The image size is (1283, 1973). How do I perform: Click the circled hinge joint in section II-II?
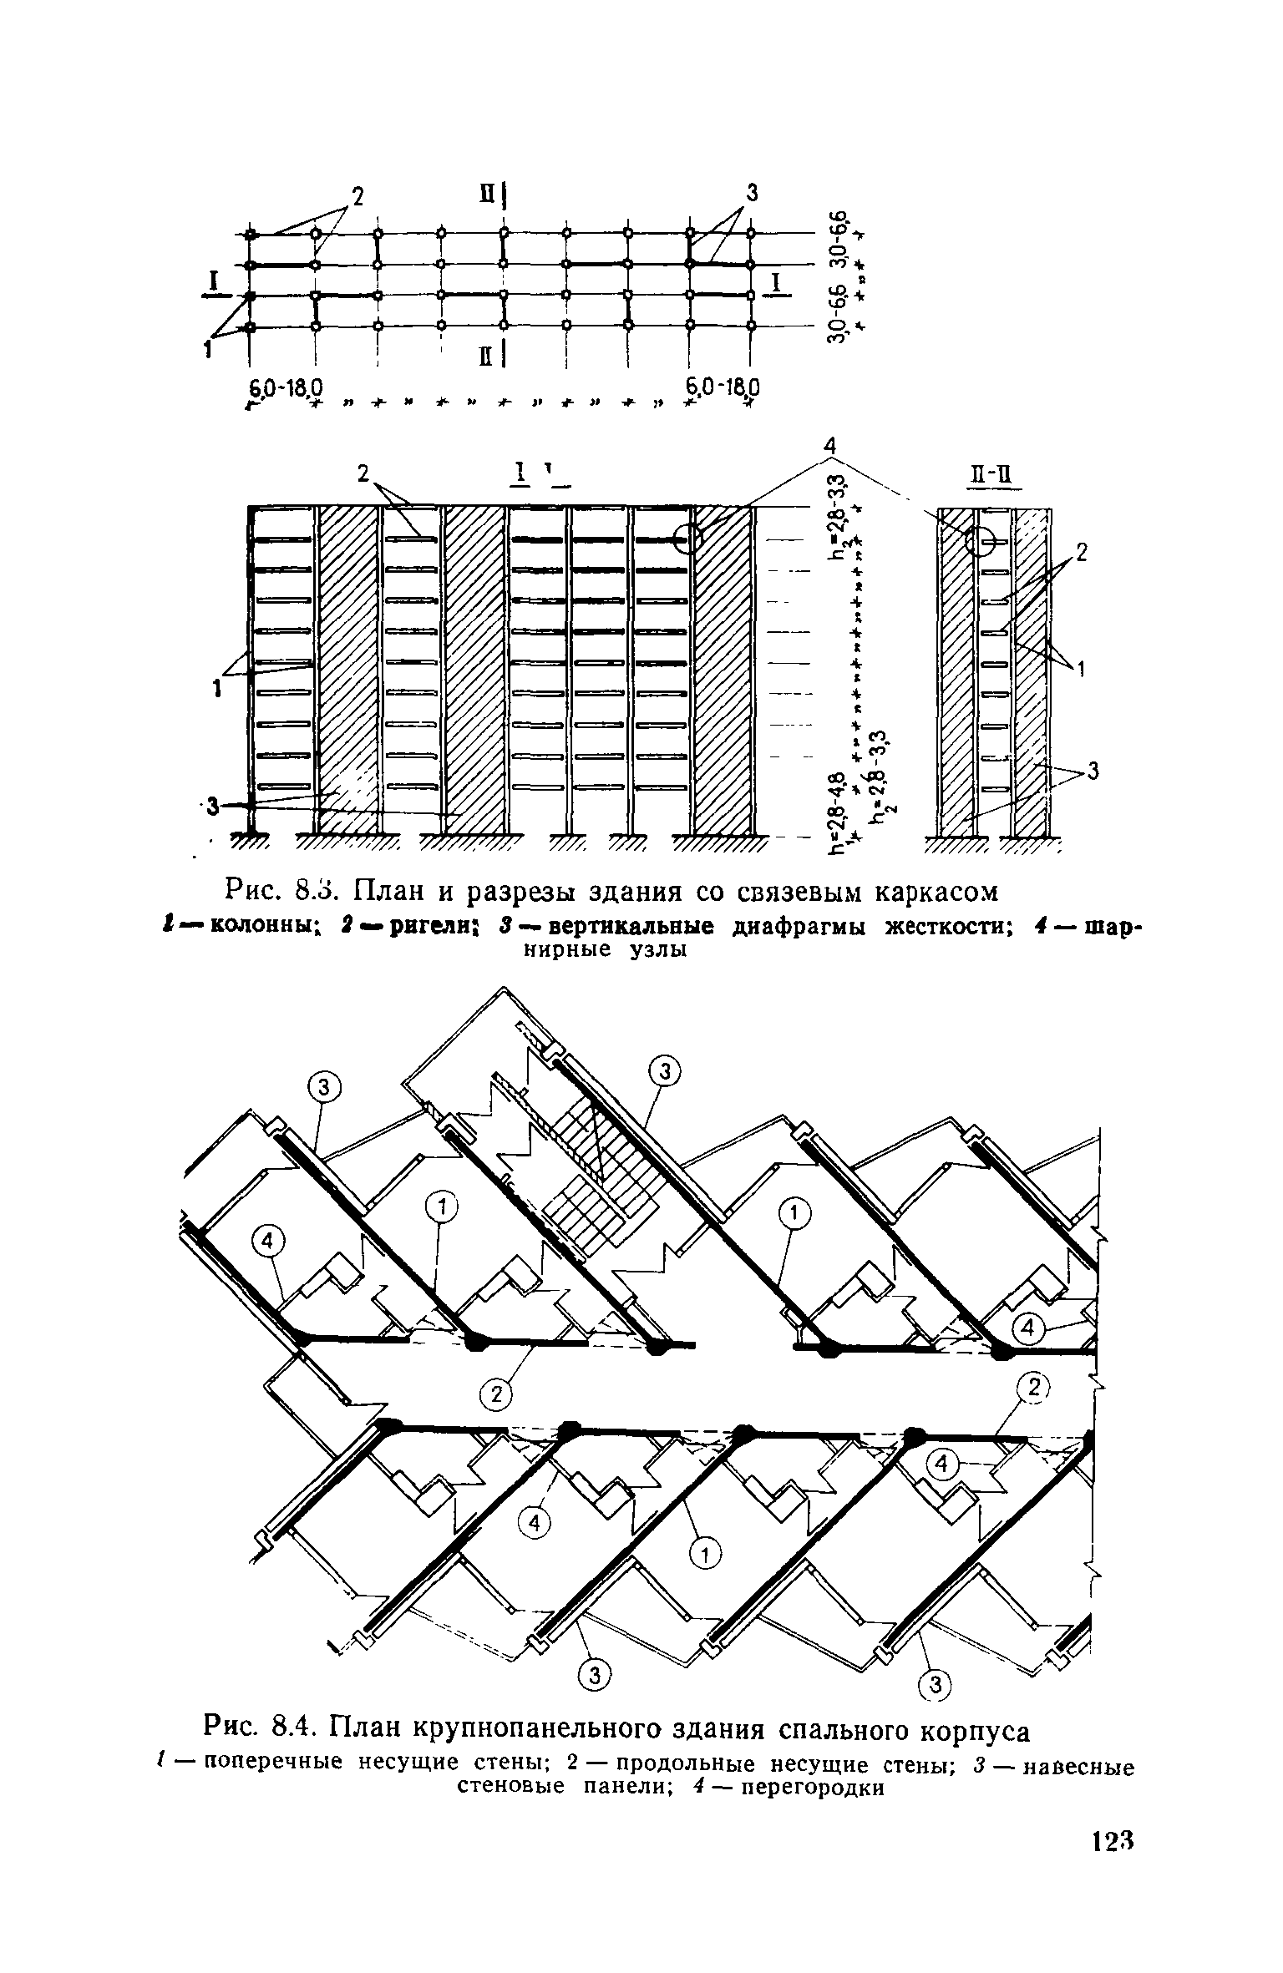tap(981, 542)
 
